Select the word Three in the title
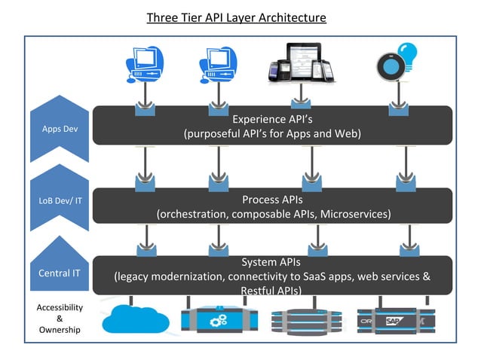point(164,17)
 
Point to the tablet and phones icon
point(299,65)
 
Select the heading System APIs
point(272,262)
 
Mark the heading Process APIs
point(272,200)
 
